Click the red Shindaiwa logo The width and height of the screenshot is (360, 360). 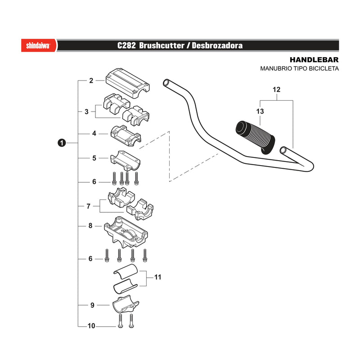(x=39, y=45)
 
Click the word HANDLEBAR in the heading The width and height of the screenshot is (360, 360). (x=314, y=60)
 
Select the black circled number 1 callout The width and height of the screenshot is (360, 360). (x=62, y=143)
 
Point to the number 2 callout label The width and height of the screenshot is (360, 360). (x=91, y=81)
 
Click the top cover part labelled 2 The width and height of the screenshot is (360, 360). (x=128, y=83)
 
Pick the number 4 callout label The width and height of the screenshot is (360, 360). (x=94, y=133)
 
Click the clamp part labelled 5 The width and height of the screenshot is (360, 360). (x=125, y=161)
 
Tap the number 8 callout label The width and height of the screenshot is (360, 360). (x=90, y=226)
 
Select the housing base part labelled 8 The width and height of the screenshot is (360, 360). (x=126, y=232)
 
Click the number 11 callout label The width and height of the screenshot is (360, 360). (x=158, y=277)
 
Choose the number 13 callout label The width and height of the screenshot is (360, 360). (x=260, y=111)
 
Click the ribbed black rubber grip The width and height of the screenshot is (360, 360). (x=255, y=137)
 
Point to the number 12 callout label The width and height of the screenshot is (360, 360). (x=276, y=90)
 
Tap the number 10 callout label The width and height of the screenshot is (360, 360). (x=91, y=326)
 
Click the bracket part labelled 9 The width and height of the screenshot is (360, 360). (x=125, y=304)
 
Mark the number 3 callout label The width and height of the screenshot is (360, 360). (x=86, y=112)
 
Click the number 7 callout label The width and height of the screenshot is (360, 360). (x=88, y=206)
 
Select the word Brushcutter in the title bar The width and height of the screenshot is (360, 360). (x=162, y=45)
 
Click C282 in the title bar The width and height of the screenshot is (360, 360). (x=126, y=45)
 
